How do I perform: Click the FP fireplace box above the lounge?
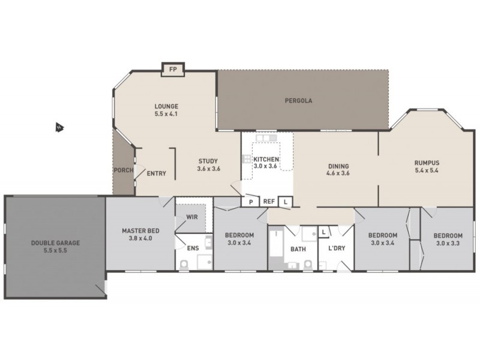173,70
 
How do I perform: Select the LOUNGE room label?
166,106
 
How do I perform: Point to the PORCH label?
123,170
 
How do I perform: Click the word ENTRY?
156,174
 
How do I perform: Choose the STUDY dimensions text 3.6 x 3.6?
208,169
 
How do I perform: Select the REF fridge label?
268,202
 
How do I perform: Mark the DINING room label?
338,166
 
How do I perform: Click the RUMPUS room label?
427,162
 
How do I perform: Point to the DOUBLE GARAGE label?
55,244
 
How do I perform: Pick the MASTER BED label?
140,230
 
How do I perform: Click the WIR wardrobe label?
193,217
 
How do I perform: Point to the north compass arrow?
59,127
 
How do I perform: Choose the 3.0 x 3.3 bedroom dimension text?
448,243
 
